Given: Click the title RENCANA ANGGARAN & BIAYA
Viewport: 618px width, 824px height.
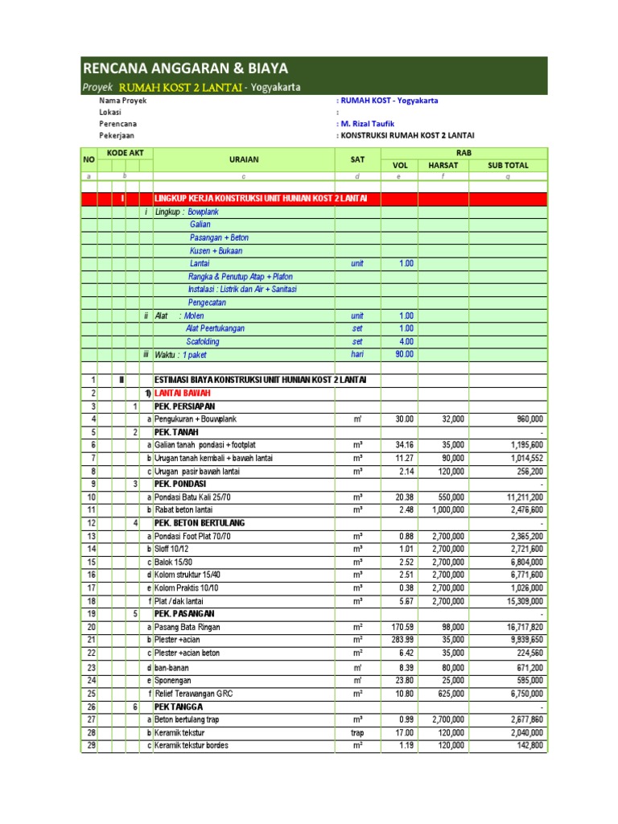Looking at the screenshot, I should pos(186,68).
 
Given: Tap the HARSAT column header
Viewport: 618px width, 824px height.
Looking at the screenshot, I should pos(443,166).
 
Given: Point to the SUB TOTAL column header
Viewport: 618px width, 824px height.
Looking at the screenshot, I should pos(508,166).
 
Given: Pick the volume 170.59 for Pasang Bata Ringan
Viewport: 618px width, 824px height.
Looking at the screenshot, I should pos(401,627).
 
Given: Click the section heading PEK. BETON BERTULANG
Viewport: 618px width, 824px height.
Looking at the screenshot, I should pos(201,523).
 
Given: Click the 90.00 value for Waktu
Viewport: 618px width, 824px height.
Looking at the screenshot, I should pos(403,354).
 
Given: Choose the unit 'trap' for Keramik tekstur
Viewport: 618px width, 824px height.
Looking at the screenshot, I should pos(357,732).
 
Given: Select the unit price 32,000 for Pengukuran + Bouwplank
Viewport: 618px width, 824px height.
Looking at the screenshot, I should pos(447,419).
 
